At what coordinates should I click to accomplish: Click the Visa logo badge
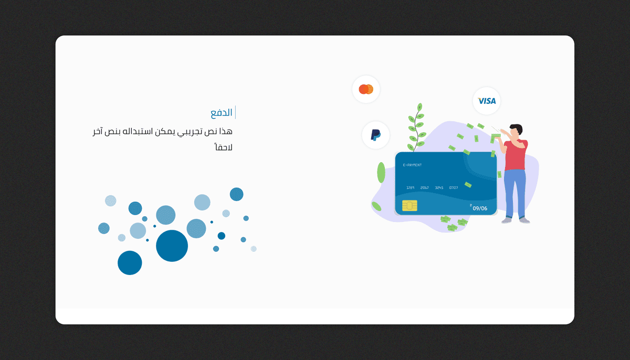487,101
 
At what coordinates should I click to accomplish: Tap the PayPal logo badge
376,135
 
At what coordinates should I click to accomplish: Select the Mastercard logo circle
366,89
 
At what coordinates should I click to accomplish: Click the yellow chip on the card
409,205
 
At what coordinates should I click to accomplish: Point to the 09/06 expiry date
480,208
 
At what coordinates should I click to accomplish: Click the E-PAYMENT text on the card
412,165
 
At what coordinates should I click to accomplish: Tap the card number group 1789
411,187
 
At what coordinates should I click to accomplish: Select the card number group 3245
439,187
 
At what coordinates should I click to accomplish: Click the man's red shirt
516,155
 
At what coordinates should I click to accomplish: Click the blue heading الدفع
222,113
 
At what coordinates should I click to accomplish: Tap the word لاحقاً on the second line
223,147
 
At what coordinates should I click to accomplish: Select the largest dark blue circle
172,246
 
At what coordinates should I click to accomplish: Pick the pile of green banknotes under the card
453,224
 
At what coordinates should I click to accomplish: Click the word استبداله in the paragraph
147,131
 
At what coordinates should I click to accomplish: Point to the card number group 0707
454,187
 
